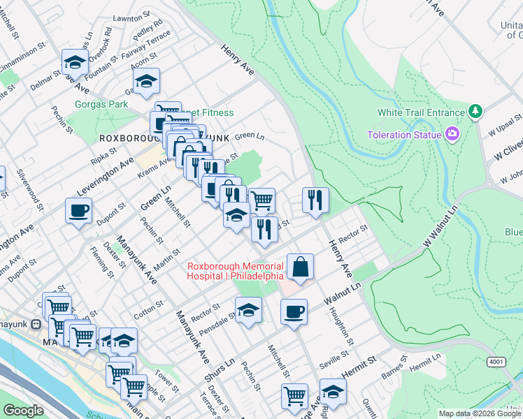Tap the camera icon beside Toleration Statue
(452, 134)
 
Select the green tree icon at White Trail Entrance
(475, 112)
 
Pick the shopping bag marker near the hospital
(299, 267)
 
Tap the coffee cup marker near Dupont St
(78, 210)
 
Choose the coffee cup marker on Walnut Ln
(294, 311)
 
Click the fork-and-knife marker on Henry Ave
(316, 200)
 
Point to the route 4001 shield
(496, 362)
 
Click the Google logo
(24, 411)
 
